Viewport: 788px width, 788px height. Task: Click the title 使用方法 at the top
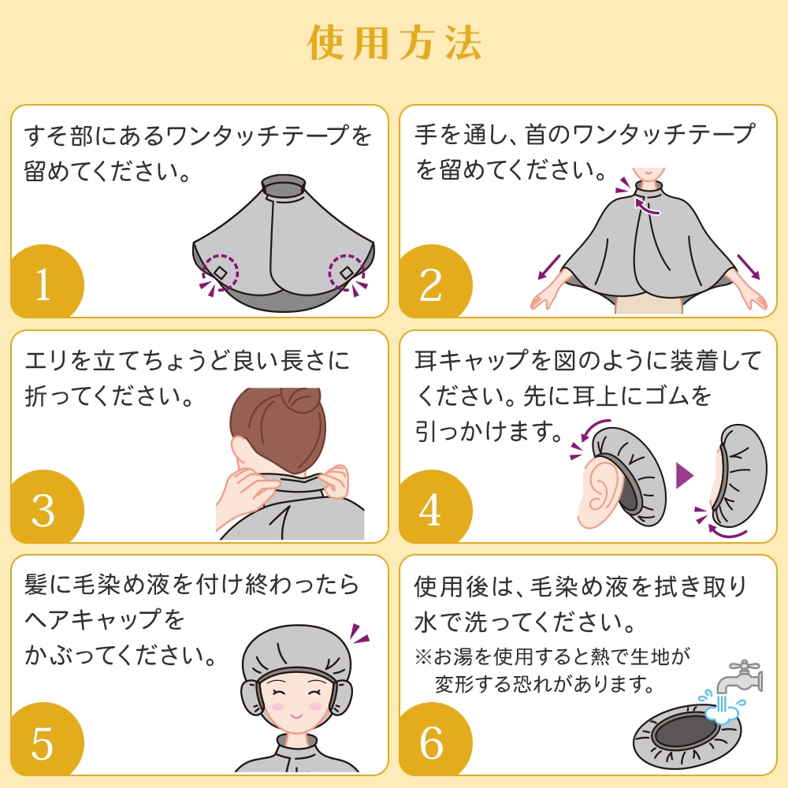pos(395,43)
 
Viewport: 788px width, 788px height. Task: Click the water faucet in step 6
pos(739,678)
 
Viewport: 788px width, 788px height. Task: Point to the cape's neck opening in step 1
pos(284,188)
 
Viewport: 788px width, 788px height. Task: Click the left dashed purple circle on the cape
pos(220,272)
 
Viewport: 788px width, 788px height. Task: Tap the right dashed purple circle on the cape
pos(347,272)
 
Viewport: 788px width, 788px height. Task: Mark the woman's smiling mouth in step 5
pos(296,715)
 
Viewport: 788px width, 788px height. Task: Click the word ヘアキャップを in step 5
pos(105,620)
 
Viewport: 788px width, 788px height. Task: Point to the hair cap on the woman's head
pos(296,653)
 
